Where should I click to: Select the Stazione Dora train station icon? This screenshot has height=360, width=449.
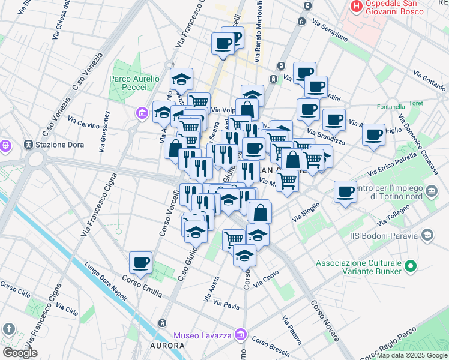pos(28,145)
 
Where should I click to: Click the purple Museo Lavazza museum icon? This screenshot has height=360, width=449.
pos(241,334)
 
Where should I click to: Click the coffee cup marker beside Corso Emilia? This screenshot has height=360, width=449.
pos(140,262)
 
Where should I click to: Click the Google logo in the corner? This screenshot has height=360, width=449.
pos(19,352)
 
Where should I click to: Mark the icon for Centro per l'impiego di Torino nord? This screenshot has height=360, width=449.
pos(432,192)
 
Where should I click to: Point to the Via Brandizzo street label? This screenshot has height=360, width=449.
pos(326,137)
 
